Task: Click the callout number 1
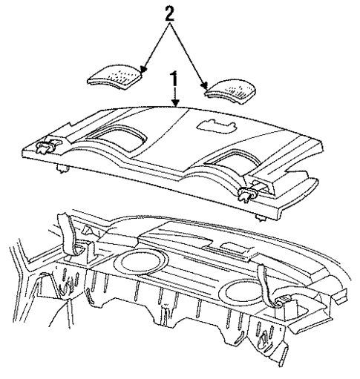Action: (x=175, y=76)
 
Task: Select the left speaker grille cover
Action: (x=116, y=77)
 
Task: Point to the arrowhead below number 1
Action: (x=175, y=106)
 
